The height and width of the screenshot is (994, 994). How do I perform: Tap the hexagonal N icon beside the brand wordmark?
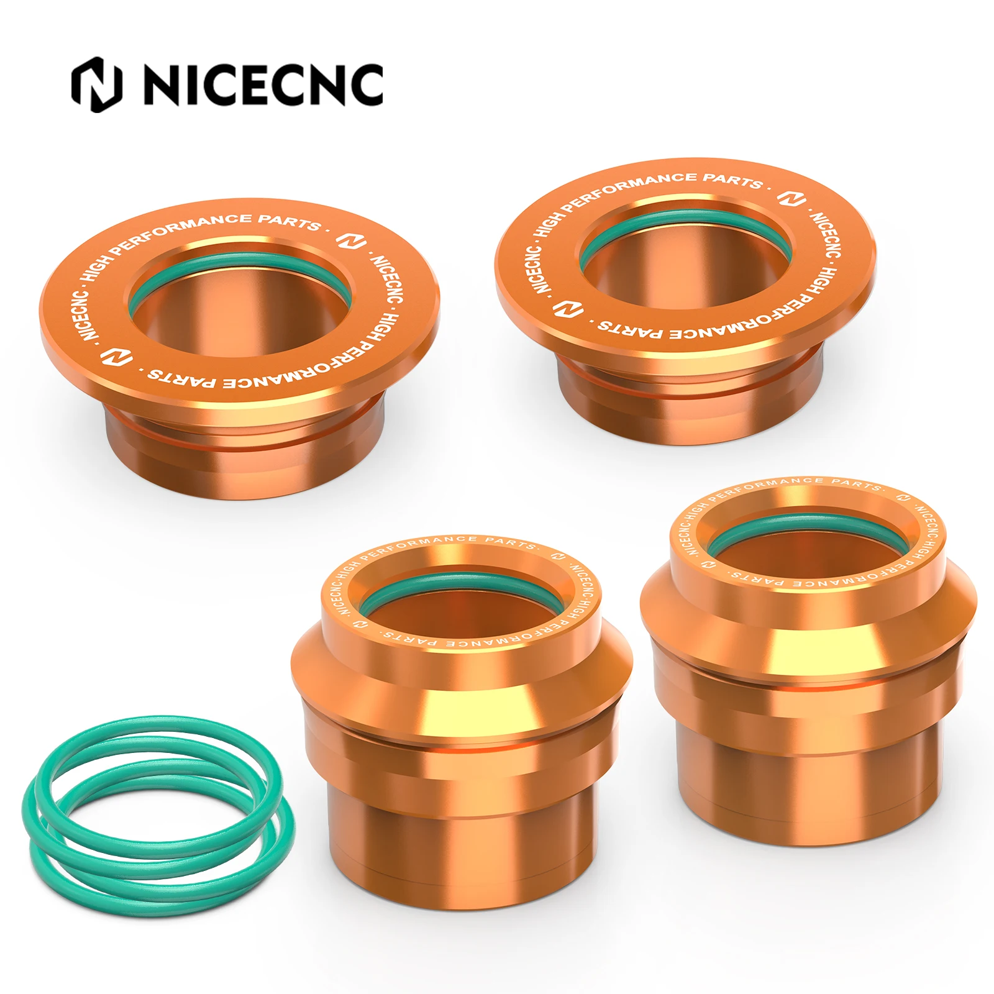click(x=96, y=85)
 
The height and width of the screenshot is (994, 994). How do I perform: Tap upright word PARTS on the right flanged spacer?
click(x=733, y=180)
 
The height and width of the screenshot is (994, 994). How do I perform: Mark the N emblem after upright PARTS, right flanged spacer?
click(x=793, y=198)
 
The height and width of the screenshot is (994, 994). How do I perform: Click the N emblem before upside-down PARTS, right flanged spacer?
click(x=568, y=309)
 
